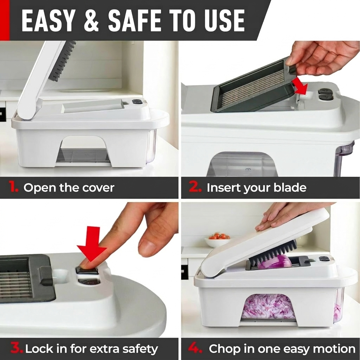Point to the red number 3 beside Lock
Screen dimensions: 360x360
point(17,349)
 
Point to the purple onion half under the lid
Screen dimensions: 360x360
point(275,262)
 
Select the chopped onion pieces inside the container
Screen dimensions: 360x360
point(267,307)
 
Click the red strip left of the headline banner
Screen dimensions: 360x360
point(5,20)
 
